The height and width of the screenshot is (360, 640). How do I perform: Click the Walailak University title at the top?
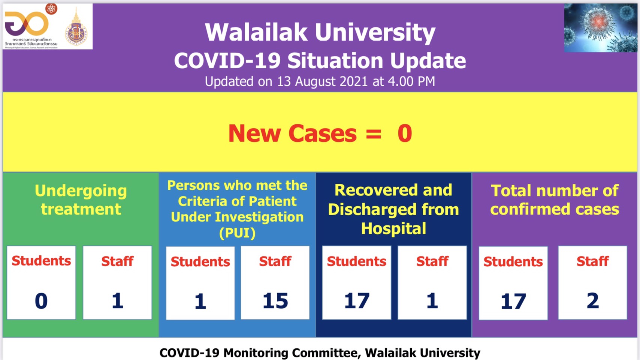tap(320, 32)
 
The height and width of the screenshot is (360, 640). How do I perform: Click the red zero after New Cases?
tap(405, 133)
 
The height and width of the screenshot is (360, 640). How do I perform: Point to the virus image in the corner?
tap(600, 28)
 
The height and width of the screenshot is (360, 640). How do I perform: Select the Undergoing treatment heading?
tap(81, 199)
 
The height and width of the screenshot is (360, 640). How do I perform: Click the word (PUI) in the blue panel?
tap(237, 233)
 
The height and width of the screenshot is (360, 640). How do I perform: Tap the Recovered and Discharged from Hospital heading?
tap(393, 209)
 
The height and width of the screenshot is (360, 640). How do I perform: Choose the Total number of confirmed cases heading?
tap(555, 200)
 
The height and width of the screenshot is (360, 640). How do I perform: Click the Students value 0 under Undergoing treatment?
tap(41, 301)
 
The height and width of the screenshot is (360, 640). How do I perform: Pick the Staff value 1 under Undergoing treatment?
tap(117, 301)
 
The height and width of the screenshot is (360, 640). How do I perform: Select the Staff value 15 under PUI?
tap(275, 301)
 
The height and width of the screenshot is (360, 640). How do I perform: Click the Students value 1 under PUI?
tap(200, 301)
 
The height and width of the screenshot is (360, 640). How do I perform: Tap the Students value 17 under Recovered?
tap(357, 301)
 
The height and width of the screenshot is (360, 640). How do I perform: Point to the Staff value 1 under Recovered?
tap(432, 301)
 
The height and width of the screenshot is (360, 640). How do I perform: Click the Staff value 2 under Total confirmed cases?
tap(592, 301)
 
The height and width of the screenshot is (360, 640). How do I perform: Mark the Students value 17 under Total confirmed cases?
tap(513, 301)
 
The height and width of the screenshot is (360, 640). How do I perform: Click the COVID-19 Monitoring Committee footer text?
tap(320, 353)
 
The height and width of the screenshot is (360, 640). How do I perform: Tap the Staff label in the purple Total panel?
tap(592, 261)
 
